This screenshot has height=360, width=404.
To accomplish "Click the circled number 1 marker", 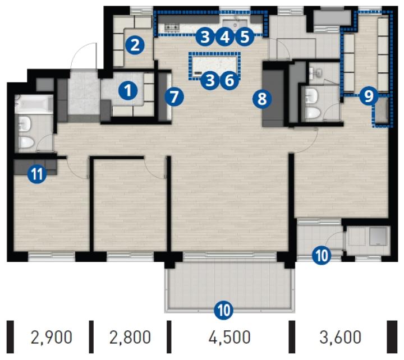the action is tap(128, 90).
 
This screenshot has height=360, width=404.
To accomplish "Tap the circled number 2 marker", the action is tap(135, 45).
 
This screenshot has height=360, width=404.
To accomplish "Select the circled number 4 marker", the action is tap(225, 36).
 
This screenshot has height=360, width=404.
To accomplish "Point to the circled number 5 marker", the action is tap(245, 36).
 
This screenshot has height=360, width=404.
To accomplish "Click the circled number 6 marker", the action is tap(229, 80).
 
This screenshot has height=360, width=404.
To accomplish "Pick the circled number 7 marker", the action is tap(175, 97).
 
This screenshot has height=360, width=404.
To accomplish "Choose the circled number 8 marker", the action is tap(262, 99).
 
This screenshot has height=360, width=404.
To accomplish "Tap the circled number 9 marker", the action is tap(369, 96).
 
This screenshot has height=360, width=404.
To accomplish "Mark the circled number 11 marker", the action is tap(37, 174).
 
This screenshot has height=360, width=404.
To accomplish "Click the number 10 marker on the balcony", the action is tap(224, 310).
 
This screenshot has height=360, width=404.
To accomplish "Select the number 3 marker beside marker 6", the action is tap(210, 80).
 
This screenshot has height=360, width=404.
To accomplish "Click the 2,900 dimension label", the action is tap(51, 338).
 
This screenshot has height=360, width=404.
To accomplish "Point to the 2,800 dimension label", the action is tap(130, 338).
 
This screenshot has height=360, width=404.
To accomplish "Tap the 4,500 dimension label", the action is tap(229, 338).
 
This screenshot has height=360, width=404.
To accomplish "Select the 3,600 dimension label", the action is tap(341, 338).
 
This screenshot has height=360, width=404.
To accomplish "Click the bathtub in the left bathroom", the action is tap(34, 104).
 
